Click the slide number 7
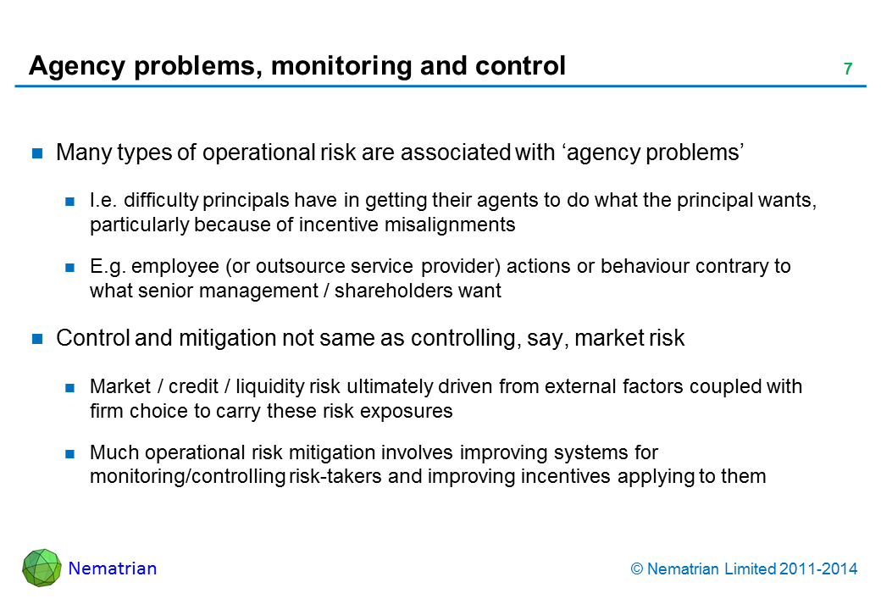click(848, 69)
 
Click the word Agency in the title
click(77, 67)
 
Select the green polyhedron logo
click(42, 568)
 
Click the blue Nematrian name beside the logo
click(113, 568)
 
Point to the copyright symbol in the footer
click(636, 569)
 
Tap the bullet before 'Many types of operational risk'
click(37, 152)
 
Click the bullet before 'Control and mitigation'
click(37, 338)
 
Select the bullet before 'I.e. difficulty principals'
click(69, 201)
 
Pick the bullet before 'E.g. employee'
click(69, 268)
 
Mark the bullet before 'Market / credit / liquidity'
click(69, 387)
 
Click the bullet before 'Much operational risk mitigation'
click(69, 453)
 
